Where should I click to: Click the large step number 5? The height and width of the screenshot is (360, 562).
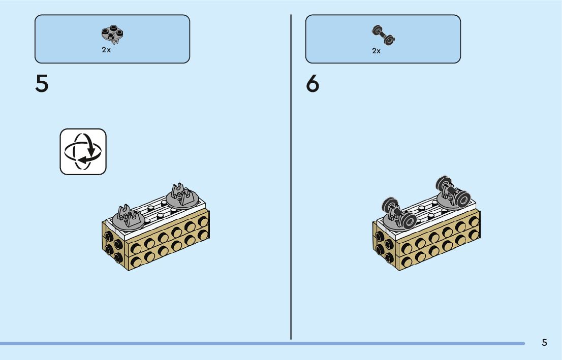42,84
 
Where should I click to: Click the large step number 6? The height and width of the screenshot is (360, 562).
313,84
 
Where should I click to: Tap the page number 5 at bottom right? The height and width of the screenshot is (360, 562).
544,342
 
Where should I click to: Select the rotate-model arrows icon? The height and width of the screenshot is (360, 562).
83,151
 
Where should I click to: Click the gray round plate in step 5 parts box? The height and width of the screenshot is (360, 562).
112,34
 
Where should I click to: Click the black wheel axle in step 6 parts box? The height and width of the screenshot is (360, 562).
384,35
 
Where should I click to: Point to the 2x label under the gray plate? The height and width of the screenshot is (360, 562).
106,50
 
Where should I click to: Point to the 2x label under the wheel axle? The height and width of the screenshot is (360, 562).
377,51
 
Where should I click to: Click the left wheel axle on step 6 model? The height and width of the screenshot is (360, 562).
399,213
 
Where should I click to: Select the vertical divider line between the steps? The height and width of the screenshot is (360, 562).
291,178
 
